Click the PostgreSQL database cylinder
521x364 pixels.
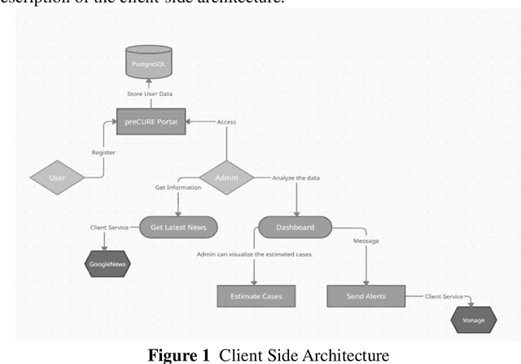coord(149,61)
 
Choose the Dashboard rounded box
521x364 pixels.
coord(294,227)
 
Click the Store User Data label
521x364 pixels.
coord(151,93)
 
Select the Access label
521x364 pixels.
coord(228,122)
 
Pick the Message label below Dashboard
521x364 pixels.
coord(366,241)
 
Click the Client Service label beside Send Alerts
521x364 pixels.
coord(444,296)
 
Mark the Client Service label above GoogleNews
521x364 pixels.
coord(109,227)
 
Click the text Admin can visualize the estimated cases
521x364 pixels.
coord(253,255)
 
